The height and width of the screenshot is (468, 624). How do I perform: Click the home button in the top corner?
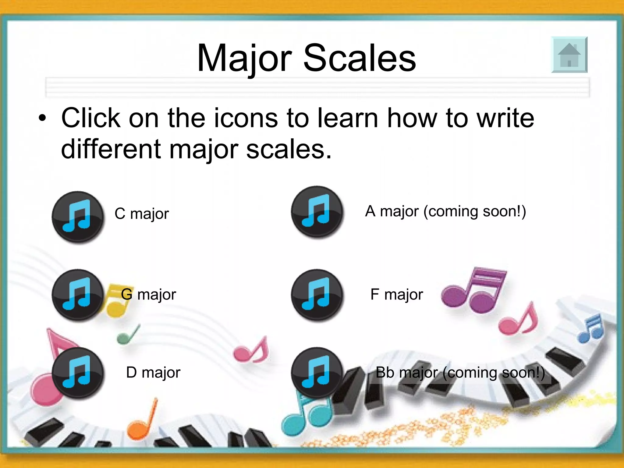pos(569,55)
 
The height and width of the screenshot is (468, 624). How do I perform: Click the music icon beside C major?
pos(78,217)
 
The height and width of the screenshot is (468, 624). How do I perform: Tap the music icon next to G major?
pos(78,295)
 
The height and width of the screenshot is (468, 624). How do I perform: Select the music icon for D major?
pos(78,373)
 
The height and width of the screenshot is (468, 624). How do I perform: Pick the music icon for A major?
pos(317,212)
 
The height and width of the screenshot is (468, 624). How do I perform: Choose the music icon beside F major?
pos(317,295)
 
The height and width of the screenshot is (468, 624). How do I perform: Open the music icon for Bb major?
pos(317,373)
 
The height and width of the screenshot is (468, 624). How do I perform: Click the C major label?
pos(142,214)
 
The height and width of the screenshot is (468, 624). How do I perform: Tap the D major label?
pos(153,372)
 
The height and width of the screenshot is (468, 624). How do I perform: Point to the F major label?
pos(397,294)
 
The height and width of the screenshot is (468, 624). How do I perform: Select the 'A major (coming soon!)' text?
pos(445,211)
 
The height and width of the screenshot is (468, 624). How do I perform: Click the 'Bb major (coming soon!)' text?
pos(460,372)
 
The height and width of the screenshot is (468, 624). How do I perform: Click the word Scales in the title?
pos(360,58)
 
